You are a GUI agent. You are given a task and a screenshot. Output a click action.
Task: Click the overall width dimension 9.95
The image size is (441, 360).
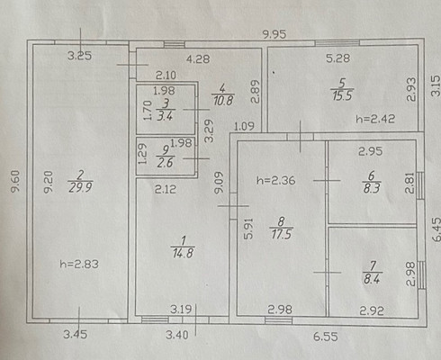[x=274, y=34]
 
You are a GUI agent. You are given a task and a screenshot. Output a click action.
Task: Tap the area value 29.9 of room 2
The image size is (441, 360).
[x=80, y=188]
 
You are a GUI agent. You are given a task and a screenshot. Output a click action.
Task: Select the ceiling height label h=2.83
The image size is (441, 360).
[x=79, y=264]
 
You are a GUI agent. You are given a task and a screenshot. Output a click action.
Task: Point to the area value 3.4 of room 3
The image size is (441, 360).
[x=165, y=115]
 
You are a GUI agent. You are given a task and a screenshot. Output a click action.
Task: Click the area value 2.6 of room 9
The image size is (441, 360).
[x=165, y=162]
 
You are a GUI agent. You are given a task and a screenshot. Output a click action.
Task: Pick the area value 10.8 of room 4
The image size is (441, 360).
[x=223, y=100]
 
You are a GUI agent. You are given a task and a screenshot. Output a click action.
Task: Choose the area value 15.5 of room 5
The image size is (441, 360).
[x=342, y=95]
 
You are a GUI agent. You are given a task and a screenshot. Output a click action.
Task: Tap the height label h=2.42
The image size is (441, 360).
[x=375, y=119]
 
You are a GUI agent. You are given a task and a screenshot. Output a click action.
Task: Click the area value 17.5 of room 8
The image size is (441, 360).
[x=281, y=234]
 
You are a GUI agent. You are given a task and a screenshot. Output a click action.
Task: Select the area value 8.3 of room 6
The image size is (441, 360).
[x=372, y=188]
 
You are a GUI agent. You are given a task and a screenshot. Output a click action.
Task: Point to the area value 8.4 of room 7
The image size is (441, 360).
[x=372, y=279]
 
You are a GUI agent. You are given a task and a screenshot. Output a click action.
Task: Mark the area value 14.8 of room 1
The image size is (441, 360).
[x=183, y=253]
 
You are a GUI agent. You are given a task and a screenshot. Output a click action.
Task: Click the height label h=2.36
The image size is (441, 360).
[x=276, y=180]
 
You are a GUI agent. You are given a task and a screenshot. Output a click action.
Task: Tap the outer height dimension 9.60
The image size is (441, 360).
[x=15, y=181]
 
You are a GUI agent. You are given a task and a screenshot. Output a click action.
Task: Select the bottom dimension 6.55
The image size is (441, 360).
[x=326, y=337]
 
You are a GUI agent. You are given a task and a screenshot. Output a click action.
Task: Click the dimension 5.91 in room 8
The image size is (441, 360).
[x=248, y=229]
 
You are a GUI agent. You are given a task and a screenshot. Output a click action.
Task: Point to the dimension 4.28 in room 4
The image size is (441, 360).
[x=198, y=58]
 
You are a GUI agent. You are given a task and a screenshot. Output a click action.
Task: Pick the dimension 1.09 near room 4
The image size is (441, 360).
[x=244, y=126]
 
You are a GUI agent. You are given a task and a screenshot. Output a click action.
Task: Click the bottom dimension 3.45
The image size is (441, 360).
[x=76, y=334]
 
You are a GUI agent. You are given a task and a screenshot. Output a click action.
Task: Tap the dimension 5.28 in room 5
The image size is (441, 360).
[x=337, y=58]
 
